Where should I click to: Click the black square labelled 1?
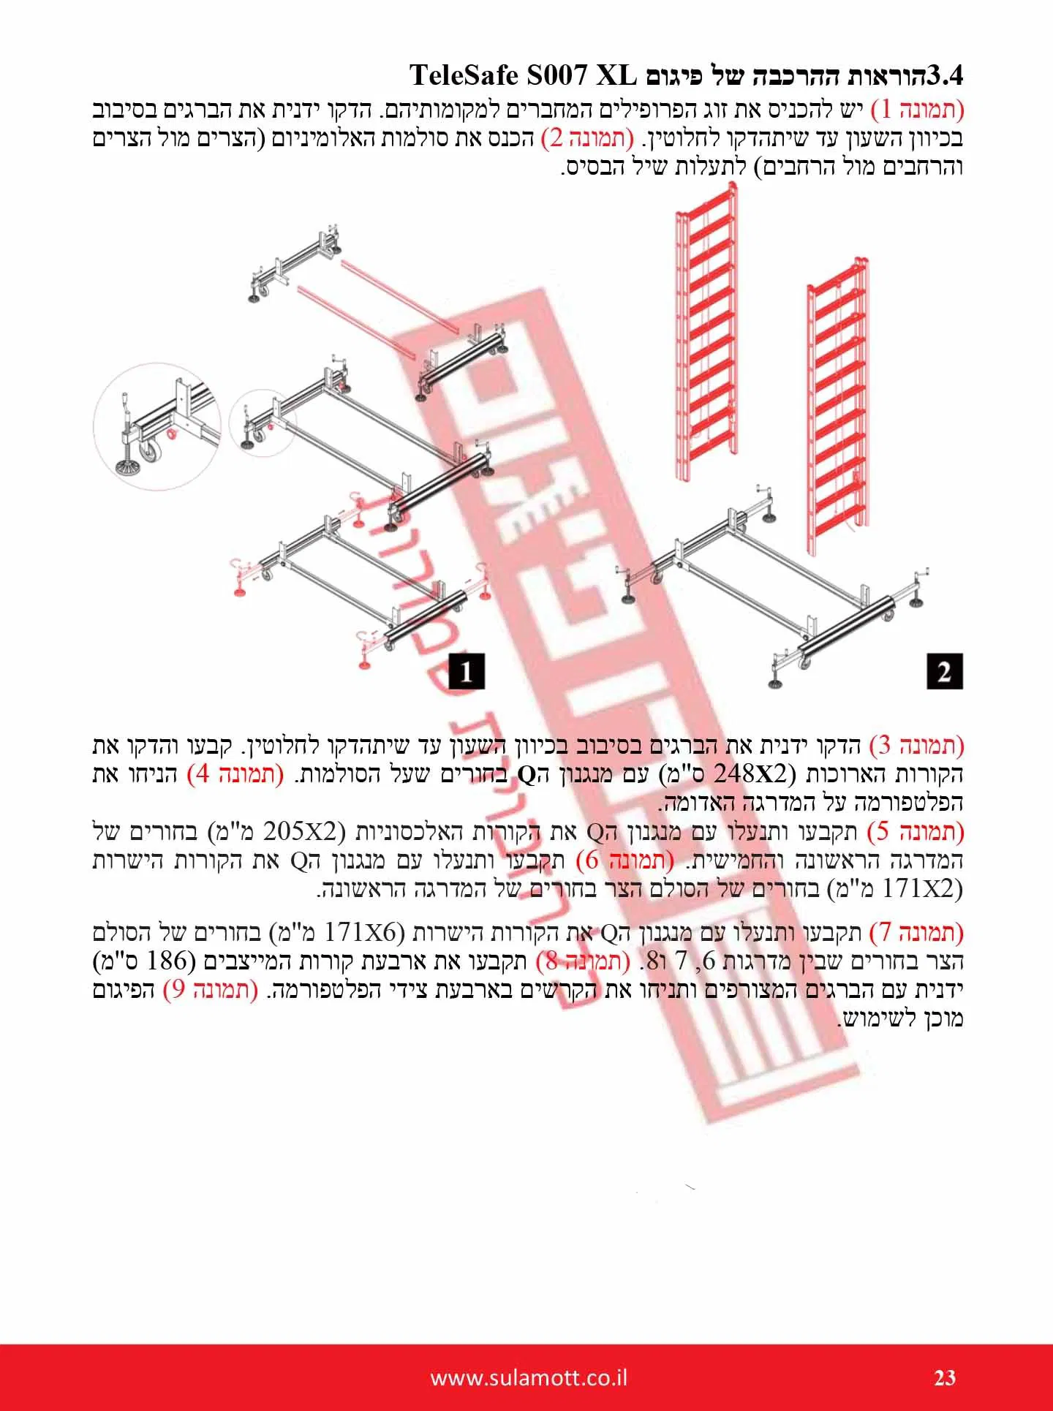tap(466, 670)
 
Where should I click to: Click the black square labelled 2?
tap(944, 670)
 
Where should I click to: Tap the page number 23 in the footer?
tap(945, 1378)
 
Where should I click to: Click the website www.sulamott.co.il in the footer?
tap(529, 1378)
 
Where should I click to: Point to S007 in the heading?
tap(558, 76)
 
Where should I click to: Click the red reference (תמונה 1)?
tap(918, 110)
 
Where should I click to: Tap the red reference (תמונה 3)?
tap(918, 746)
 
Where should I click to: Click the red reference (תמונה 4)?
tap(236, 774)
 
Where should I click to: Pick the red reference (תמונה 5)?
tap(918, 832)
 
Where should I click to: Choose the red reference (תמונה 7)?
tap(918, 933)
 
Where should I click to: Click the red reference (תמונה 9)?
tap(211, 990)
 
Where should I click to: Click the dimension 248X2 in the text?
tap(765, 774)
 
